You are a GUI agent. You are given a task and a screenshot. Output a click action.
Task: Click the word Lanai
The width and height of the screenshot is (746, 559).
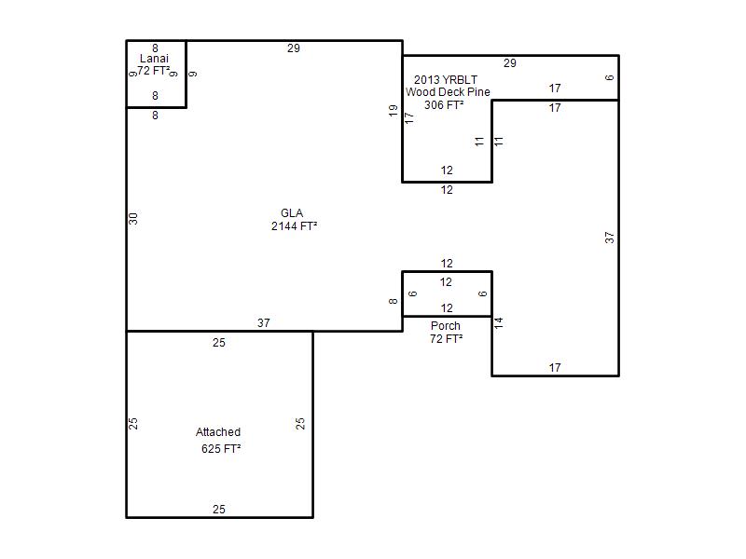pyautogui.click(x=154, y=59)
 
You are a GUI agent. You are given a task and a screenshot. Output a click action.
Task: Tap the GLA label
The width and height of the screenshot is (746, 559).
pyautogui.click(x=292, y=213)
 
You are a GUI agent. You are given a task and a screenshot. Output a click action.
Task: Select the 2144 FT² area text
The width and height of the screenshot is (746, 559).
pyautogui.click(x=294, y=226)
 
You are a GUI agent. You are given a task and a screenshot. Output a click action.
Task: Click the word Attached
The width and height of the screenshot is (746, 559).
pyautogui.click(x=218, y=432)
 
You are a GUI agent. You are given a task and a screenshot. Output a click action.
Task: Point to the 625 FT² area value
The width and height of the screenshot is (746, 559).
pyautogui.click(x=221, y=449)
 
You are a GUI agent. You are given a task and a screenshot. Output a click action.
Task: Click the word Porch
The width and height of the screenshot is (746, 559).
pyautogui.click(x=446, y=326)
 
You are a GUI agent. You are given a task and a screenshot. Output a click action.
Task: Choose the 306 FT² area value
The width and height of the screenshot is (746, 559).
pyautogui.click(x=444, y=104)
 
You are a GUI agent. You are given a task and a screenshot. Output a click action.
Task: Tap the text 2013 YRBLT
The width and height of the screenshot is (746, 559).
pyautogui.click(x=446, y=80)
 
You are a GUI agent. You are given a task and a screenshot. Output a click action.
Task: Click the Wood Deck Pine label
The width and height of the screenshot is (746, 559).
pyautogui.click(x=448, y=92)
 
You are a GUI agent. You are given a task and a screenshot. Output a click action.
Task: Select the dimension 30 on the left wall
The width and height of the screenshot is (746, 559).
pyautogui.click(x=133, y=219)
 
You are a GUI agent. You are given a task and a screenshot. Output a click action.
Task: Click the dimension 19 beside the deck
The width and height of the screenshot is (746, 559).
pyautogui.click(x=393, y=111)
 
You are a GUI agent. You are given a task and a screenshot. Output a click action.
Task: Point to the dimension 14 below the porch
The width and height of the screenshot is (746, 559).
pyautogui.click(x=499, y=323)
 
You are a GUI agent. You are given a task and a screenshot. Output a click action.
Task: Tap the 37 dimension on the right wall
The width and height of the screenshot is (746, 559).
pyautogui.click(x=610, y=238)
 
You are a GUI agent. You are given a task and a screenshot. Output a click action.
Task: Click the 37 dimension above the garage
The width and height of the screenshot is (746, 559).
pyautogui.click(x=264, y=323)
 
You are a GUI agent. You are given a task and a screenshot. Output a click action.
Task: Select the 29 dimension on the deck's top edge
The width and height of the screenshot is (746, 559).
pyautogui.click(x=510, y=63)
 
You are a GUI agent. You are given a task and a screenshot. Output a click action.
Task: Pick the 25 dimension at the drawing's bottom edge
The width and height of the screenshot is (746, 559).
pyautogui.click(x=219, y=510)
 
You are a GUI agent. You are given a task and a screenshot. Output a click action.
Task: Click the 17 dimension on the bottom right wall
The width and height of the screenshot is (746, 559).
pyautogui.click(x=555, y=368)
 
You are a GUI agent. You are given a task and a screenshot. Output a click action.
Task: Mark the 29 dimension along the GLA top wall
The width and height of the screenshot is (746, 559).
pyautogui.click(x=294, y=48)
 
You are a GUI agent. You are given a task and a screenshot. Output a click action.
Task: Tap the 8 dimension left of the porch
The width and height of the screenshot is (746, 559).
pyautogui.click(x=393, y=301)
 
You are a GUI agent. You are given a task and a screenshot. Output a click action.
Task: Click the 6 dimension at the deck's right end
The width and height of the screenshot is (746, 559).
pyautogui.click(x=610, y=77)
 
